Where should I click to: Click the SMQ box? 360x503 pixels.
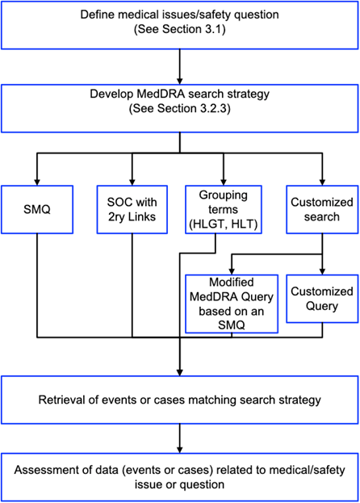pos(37,209)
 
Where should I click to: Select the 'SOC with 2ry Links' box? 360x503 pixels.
pos(132,209)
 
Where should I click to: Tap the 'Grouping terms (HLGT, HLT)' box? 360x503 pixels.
pos(224,209)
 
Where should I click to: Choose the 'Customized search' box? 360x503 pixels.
pos(322,209)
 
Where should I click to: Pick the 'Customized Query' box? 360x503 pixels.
pos(322,299)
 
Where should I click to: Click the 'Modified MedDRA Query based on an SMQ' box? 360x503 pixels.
pos(232,304)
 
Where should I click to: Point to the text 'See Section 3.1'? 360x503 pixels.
pos(180,29)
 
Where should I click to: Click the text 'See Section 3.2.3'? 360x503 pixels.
pos(180,108)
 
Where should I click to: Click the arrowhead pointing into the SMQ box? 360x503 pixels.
pos(37,182)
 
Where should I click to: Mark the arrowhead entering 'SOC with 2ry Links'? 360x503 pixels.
pos(132,182)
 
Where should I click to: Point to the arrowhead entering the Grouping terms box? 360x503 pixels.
pos(224,182)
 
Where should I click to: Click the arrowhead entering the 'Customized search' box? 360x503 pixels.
pos(322,182)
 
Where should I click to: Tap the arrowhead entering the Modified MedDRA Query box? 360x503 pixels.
pos(232,271)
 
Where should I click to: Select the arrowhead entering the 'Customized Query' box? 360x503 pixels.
pos(322,271)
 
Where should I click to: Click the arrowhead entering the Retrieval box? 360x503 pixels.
pos(180,372)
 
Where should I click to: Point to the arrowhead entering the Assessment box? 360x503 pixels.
pos(180,450)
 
